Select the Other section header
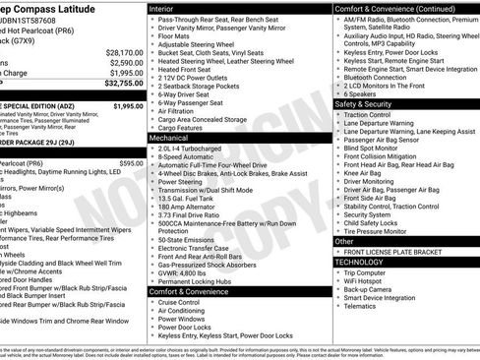[x=345, y=241]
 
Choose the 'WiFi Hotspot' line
[x=366, y=280]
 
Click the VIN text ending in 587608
[x=45, y=8]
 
